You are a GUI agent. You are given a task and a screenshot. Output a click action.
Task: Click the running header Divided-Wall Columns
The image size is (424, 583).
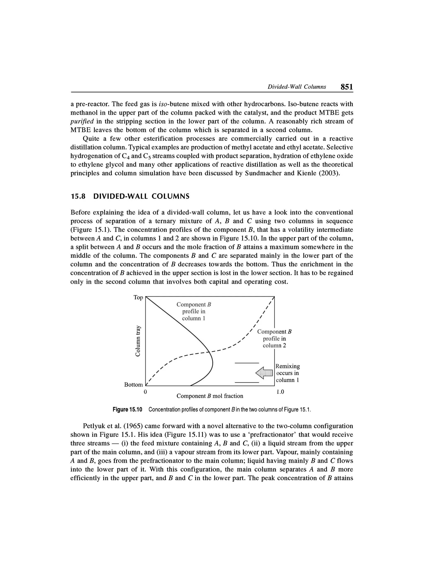pos(297,87)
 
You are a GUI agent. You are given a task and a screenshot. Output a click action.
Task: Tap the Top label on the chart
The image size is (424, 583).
pos(138,297)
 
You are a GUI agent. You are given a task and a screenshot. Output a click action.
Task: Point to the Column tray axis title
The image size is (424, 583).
pos(138,341)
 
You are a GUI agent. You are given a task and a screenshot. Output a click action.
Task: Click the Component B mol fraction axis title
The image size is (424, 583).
pos(210,396)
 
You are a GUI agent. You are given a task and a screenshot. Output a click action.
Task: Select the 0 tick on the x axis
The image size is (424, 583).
pos(145,392)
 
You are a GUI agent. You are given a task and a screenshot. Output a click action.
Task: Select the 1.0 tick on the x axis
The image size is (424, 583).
pos(280,392)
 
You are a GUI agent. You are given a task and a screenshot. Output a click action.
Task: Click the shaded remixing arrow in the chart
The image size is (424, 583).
pos(264,373)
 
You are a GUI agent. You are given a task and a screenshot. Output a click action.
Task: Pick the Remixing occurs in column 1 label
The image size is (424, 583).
pos(288,373)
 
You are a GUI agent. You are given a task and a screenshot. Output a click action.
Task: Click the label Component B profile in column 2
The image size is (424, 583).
pos(274,339)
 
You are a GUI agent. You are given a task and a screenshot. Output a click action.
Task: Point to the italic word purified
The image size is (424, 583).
pos(82,121)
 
